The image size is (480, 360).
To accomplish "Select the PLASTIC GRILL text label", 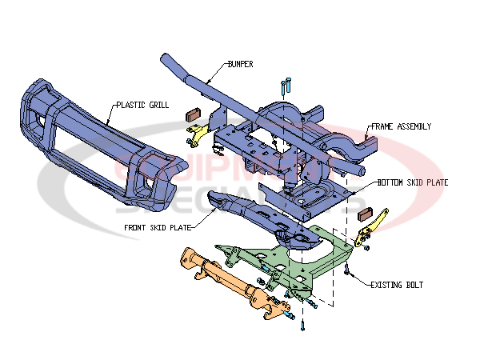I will [x=142, y=104].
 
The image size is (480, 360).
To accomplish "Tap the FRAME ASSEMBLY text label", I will [x=400, y=126].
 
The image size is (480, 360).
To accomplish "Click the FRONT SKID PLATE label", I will [x=157, y=226].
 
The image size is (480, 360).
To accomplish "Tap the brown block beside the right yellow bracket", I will [x=366, y=214].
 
